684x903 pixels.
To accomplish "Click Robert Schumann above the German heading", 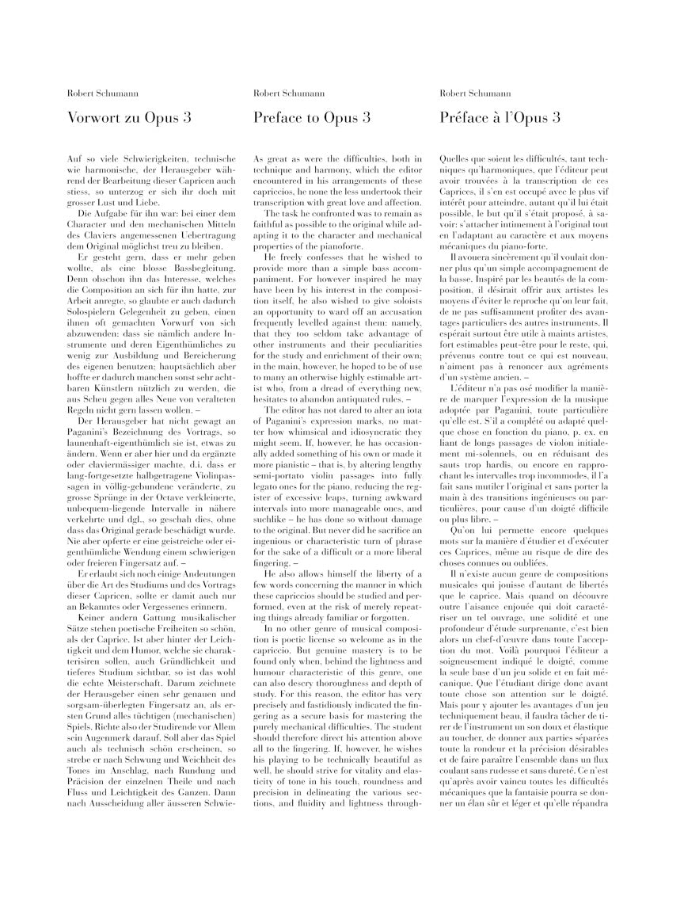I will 97,93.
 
